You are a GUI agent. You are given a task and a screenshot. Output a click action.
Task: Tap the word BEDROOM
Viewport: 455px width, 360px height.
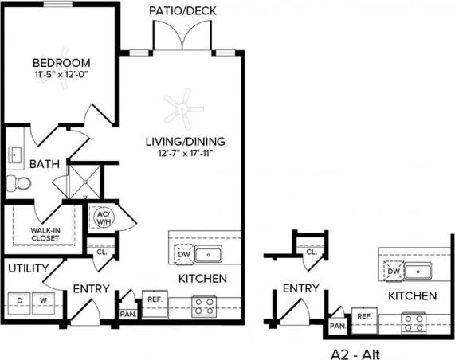[61, 62]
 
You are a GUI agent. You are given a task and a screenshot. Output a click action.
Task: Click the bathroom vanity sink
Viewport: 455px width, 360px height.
[15, 153]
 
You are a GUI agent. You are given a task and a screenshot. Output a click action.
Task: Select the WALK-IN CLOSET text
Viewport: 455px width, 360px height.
[46, 233]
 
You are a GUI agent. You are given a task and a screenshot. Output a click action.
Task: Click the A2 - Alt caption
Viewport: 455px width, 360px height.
[354, 350]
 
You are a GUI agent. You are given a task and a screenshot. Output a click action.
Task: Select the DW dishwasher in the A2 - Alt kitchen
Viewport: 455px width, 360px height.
[393, 272]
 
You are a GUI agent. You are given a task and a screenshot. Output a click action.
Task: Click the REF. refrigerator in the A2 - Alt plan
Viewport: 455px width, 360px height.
[364, 317]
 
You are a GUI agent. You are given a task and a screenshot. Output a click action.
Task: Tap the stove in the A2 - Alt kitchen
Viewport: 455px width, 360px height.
[414, 322]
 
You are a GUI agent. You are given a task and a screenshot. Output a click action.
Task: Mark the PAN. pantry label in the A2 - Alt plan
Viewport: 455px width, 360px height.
[338, 326]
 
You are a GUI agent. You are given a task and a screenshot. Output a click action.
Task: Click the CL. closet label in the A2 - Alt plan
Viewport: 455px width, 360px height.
[310, 252]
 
